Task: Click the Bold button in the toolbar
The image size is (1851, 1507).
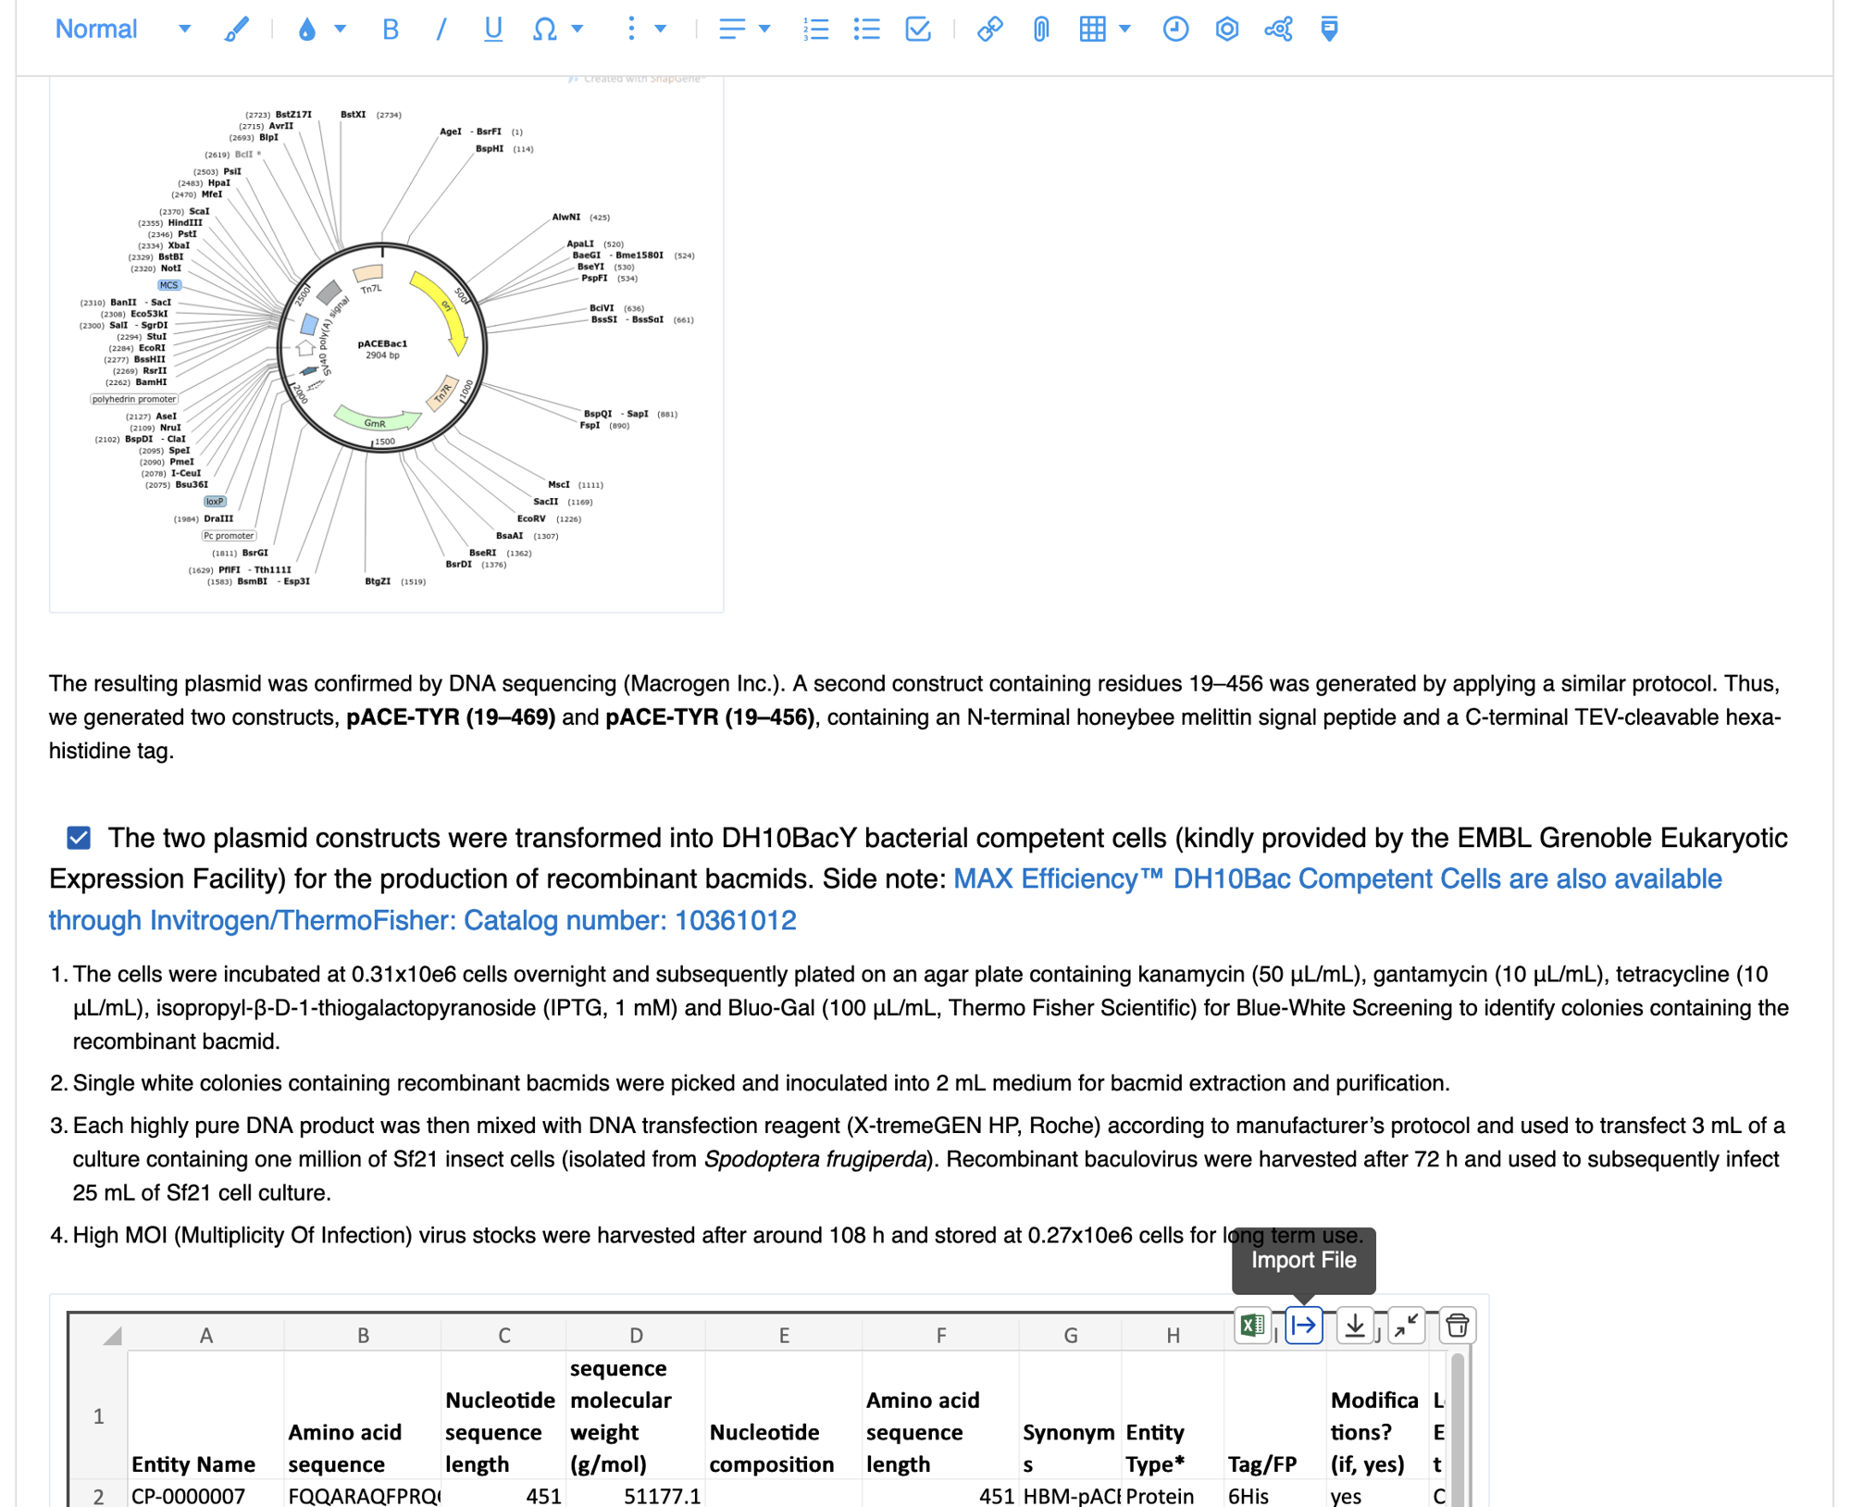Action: [x=390, y=30]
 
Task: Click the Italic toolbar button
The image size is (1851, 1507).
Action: [x=441, y=30]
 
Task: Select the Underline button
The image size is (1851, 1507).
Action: [x=492, y=30]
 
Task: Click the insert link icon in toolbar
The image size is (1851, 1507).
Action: [x=989, y=30]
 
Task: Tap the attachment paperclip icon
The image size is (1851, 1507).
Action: [x=1041, y=30]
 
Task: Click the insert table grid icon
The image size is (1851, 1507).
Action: [x=1092, y=30]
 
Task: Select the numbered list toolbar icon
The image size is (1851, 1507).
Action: [x=815, y=30]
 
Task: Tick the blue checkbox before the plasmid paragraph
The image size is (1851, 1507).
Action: [x=79, y=838]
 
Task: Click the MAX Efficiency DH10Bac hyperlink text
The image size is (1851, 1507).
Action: [x=1336, y=879]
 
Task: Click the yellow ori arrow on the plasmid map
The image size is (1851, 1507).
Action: [x=442, y=310]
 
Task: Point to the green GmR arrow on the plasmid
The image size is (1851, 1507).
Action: [x=375, y=421]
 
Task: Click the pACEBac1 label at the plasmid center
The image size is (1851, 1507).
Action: [x=381, y=343]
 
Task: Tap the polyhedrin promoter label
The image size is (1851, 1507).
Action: [x=133, y=399]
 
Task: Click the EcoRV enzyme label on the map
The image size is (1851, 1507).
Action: [x=531, y=518]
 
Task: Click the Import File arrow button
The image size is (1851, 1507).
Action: [x=1303, y=1326]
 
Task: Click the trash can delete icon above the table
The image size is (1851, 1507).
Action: [x=1457, y=1326]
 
